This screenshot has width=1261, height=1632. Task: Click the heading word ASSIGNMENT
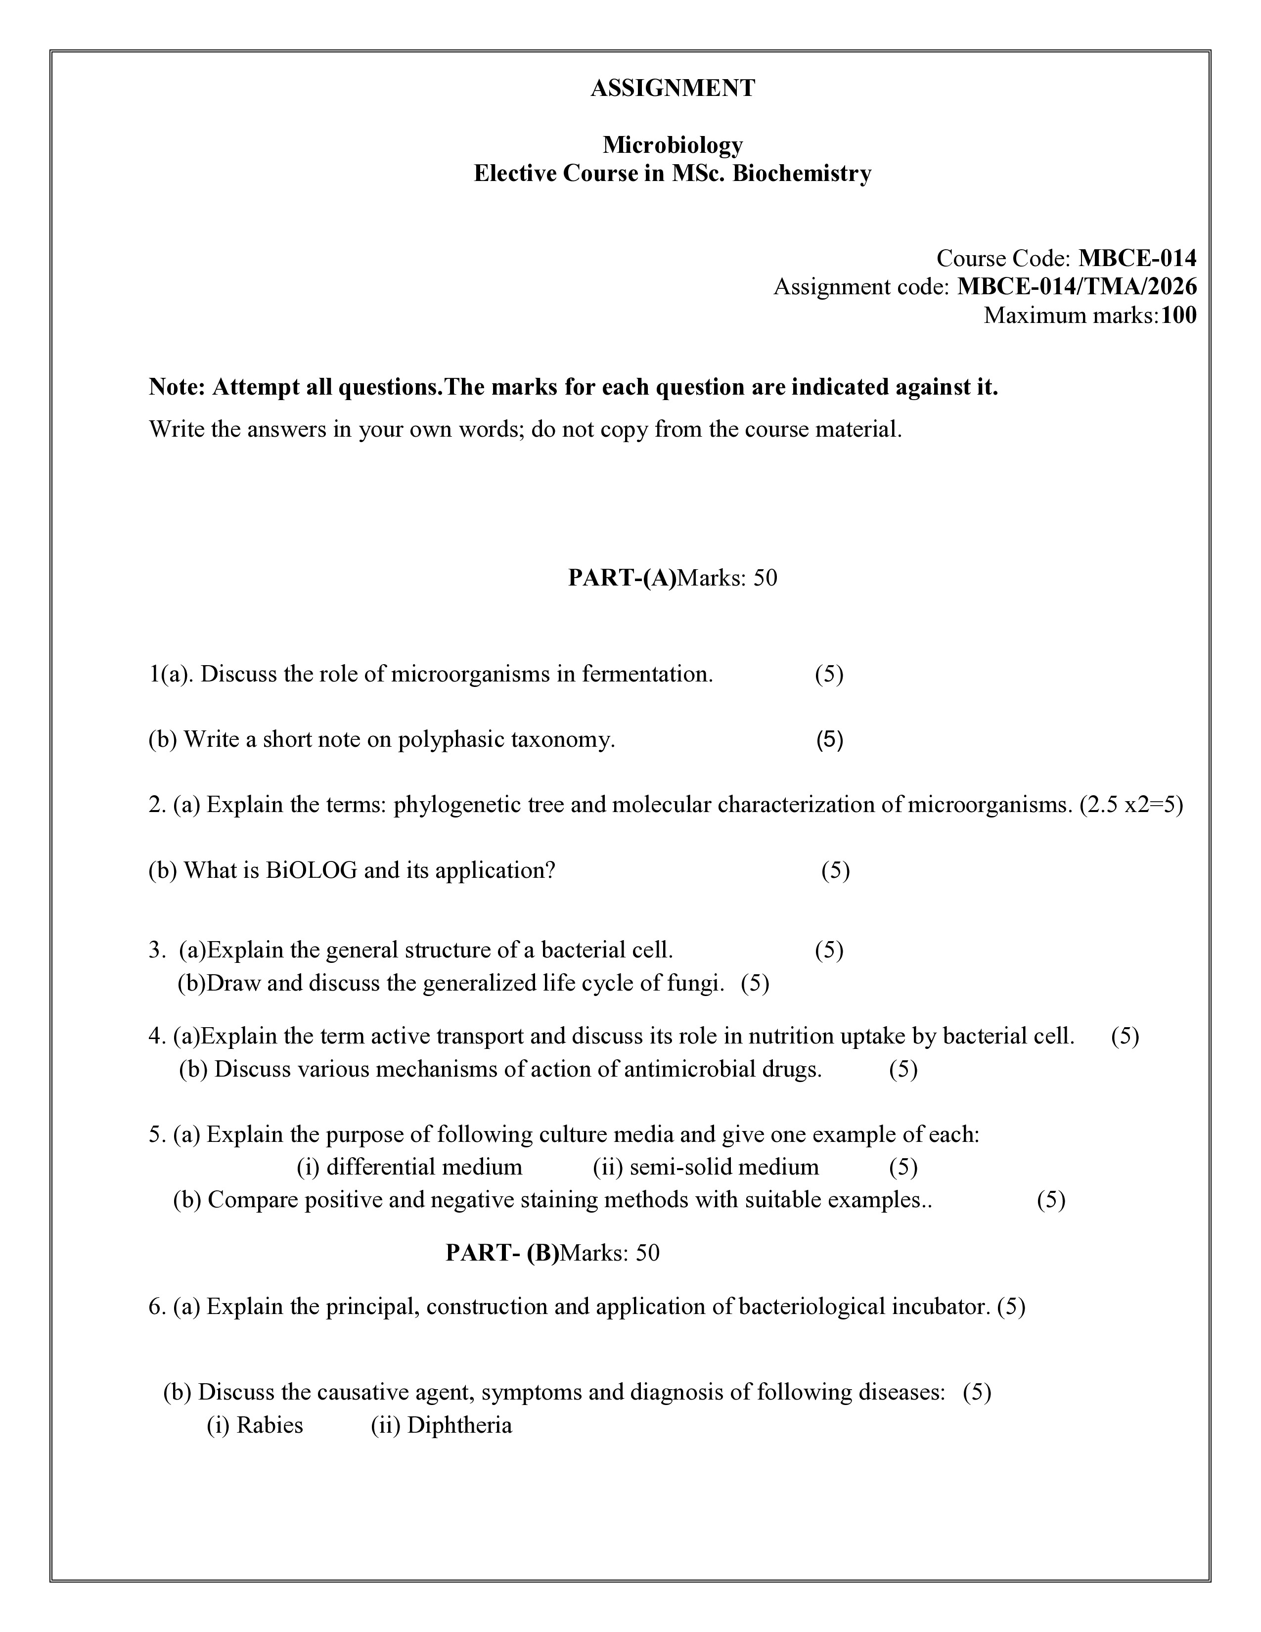click(x=673, y=88)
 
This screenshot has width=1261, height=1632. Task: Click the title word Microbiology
click(x=673, y=144)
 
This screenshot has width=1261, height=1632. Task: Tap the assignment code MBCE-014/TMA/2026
click(x=1077, y=287)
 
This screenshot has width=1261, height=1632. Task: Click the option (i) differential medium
click(x=409, y=1167)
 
